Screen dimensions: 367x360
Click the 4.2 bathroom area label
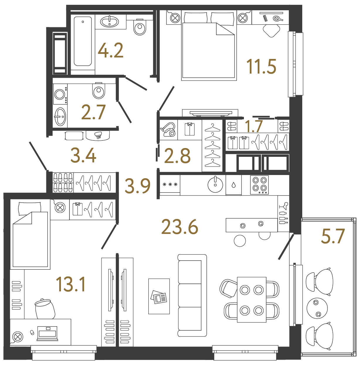pyautogui.click(x=111, y=50)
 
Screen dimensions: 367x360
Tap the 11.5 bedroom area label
pyautogui.click(x=261, y=67)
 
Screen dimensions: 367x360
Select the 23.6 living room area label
pyautogui.click(x=180, y=227)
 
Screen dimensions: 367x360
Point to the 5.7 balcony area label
pyautogui.click(x=333, y=237)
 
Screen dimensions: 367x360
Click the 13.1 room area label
pyautogui.click(x=71, y=284)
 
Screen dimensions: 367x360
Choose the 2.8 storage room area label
pyautogui.click(x=177, y=156)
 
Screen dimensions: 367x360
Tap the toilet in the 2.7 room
pyautogui.click(x=99, y=91)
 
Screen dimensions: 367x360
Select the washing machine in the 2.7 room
pyautogui.click(x=60, y=94)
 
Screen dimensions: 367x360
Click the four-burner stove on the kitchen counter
pyautogui.click(x=259, y=185)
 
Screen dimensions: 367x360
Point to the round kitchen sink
pyautogui.click(x=215, y=185)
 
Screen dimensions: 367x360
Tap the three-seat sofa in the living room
pyautogui.click(x=192, y=295)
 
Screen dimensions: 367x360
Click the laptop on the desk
pyautogui.click(x=47, y=334)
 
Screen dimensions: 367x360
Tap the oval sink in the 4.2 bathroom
pyautogui.click(x=110, y=21)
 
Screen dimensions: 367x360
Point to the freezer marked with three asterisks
pyautogui.click(x=170, y=185)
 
